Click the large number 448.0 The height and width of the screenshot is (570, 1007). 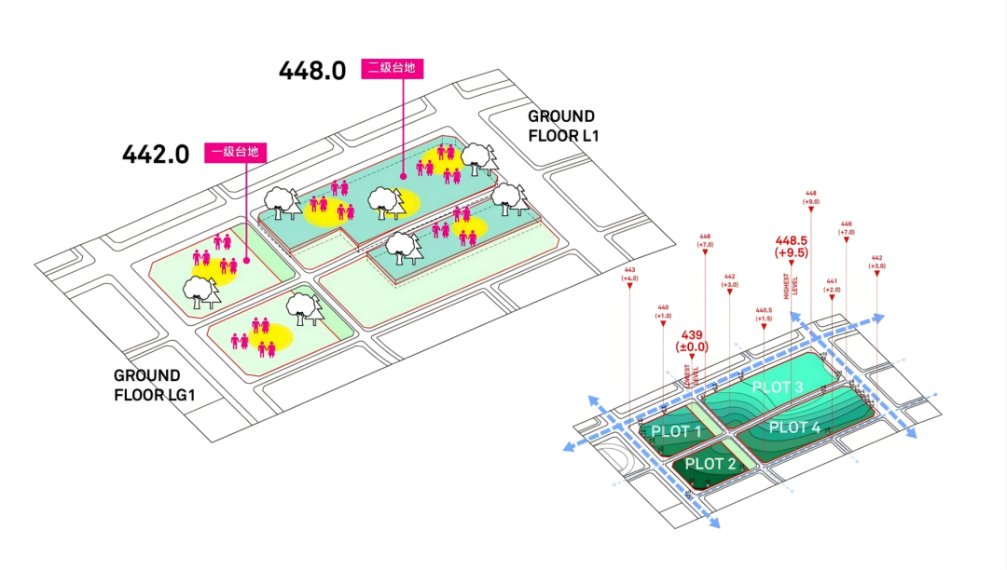(x=312, y=71)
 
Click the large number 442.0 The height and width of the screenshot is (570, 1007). (x=156, y=154)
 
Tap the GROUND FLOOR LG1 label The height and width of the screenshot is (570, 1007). (x=149, y=385)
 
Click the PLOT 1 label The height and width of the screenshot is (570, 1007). (x=676, y=431)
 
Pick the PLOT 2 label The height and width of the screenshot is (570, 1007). (x=710, y=464)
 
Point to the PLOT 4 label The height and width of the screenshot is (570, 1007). (x=794, y=427)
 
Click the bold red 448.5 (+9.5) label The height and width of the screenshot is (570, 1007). (x=791, y=245)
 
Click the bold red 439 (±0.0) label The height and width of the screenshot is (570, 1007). (x=692, y=340)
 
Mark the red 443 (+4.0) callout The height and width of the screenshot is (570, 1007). (x=629, y=275)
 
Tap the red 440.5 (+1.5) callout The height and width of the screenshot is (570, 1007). (x=764, y=314)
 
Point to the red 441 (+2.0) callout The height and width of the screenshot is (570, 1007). (x=832, y=285)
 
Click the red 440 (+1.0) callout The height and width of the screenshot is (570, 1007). (x=663, y=312)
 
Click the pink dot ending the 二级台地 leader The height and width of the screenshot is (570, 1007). (x=403, y=174)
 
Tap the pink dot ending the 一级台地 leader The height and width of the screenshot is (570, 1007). (x=245, y=260)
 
